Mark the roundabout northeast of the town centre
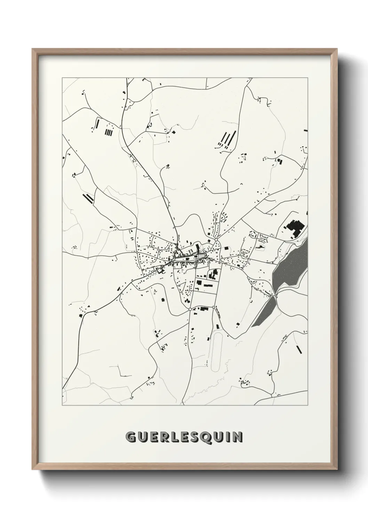[216, 240]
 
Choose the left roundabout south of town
[190, 309]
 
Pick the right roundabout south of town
[213, 307]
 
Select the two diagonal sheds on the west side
[88, 198]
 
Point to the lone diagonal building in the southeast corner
[298, 349]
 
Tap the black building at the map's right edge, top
[305, 130]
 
